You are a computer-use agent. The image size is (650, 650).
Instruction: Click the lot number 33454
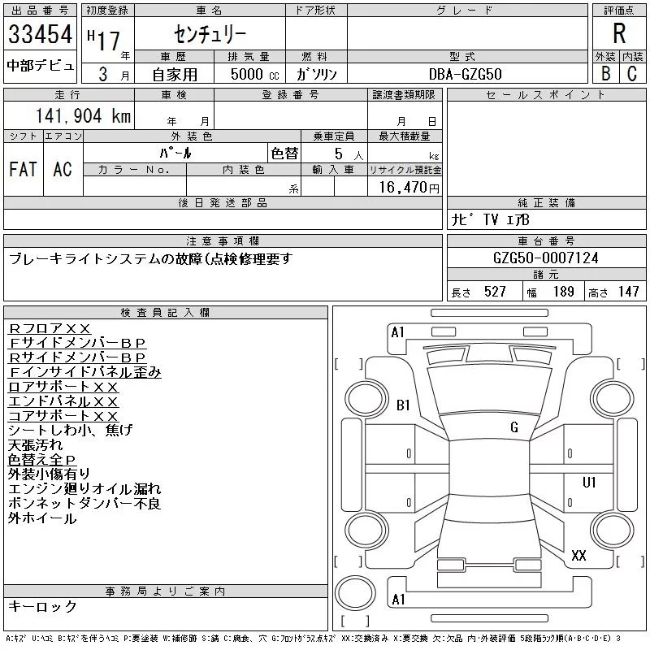pyautogui.click(x=41, y=35)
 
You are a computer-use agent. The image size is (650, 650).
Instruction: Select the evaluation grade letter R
pyautogui.click(x=619, y=34)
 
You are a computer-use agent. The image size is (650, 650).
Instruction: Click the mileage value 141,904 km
pyautogui.click(x=83, y=116)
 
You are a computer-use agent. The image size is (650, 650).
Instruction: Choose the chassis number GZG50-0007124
pyautogui.click(x=546, y=258)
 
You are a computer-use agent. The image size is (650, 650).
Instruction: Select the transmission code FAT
pyautogui.click(x=23, y=169)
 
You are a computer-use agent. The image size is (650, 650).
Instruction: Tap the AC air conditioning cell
pyautogui.click(x=62, y=169)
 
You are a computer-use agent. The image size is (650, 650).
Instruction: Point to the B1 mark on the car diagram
pyautogui.click(x=404, y=405)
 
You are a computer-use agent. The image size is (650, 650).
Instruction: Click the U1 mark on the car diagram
pyautogui.click(x=589, y=483)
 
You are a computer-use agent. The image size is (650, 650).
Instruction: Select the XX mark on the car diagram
pyautogui.click(x=578, y=556)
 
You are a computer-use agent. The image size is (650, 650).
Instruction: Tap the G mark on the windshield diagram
pyautogui.click(x=514, y=427)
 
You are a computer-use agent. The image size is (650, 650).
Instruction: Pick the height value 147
pyautogui.click(x=627, y=292)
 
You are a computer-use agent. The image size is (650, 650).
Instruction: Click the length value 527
pyautogui.click(x=494, y=292)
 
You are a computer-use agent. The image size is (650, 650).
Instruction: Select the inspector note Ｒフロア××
pyautogui.click(x=50, y=328)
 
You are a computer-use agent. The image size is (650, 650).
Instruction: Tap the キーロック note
pyautogui.click(x=42, y=607)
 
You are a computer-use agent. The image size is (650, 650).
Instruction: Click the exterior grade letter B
pyautogui.click(x=605, y=73)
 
